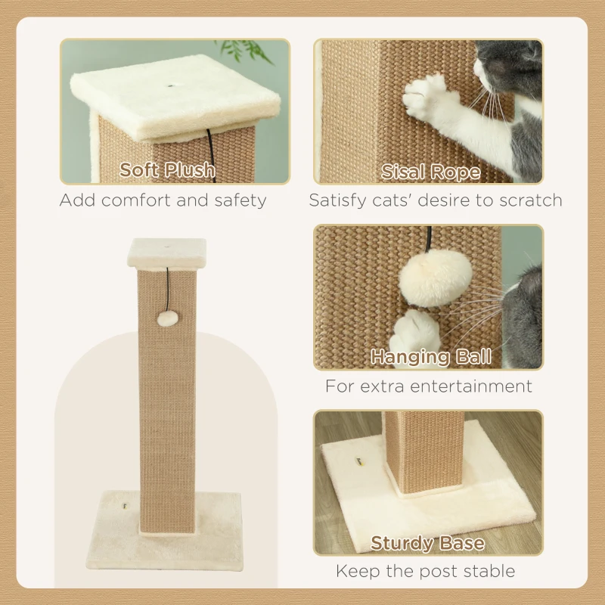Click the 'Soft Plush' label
click(x=167, y=170)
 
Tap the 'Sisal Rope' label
click(x=430, y=172)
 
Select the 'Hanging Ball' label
click(x=430, y=356)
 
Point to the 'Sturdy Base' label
click(x=427, y=543)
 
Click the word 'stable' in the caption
click(x=491, y=571)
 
